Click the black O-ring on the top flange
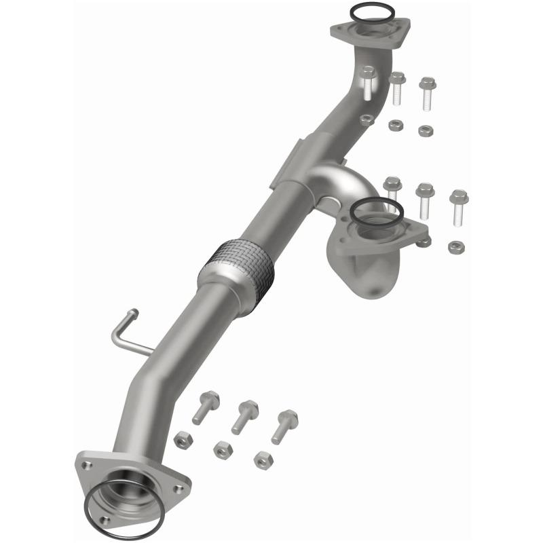click(x=372, y=5)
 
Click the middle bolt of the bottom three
click(x=244, y=415)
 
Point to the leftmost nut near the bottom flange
click(x=183, y=439)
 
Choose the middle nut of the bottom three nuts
click(x=222, y=449)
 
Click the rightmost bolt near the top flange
click(x=427, y=94)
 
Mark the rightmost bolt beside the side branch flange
click(x=459, y=206)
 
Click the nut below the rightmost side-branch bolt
click(x=456, y=246)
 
